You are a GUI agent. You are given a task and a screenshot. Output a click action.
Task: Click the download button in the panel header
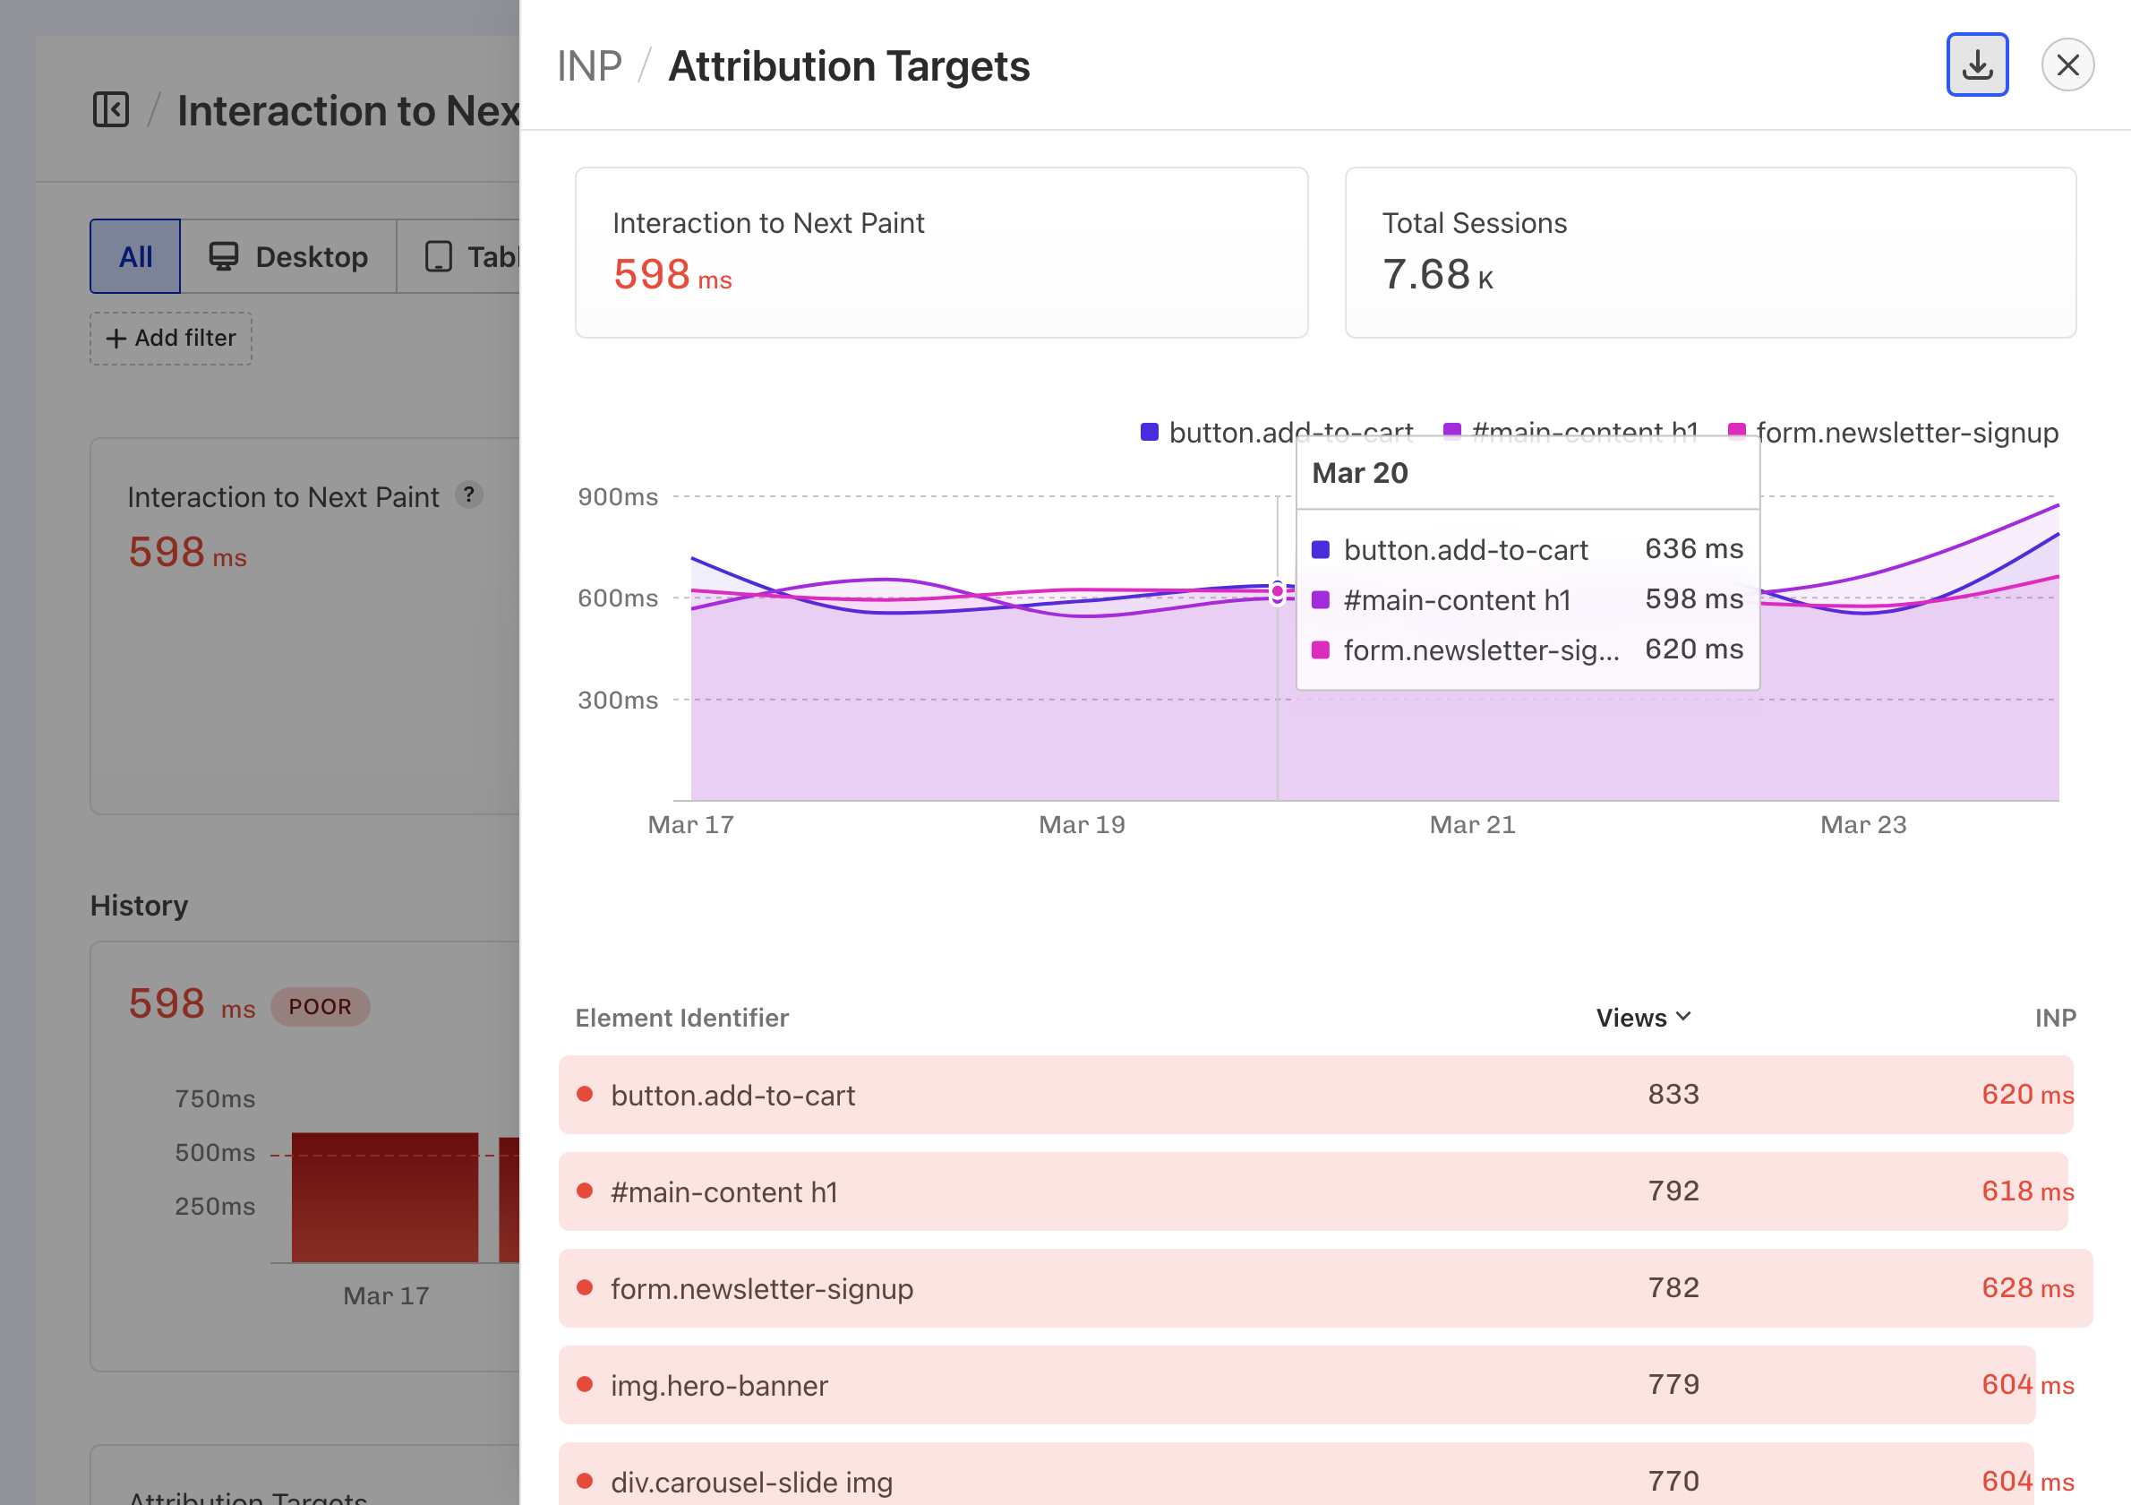point(1977,65)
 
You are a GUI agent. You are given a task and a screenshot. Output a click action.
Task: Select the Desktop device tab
point(288,256)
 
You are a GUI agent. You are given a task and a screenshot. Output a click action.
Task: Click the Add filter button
point(171,338)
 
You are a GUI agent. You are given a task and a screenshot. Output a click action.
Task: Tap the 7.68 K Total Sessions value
point(1437,275)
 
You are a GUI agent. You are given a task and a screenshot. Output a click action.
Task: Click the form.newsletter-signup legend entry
point(1894,433)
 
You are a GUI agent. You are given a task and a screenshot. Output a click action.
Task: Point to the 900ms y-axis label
point(617,496)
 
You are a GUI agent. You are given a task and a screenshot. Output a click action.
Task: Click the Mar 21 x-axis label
point(1472,824)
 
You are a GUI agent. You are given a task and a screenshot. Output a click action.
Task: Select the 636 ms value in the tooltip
point(1693,549)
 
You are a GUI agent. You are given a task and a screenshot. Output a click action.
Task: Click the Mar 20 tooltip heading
point(1360,474)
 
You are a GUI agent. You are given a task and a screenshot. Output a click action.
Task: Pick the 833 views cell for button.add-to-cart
point(1673,1095)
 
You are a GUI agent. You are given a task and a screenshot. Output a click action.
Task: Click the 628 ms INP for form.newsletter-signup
point(2027,1287)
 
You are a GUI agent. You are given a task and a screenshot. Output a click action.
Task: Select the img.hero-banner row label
point(719,1385)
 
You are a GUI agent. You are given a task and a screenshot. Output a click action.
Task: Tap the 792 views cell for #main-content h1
point(1673,1191)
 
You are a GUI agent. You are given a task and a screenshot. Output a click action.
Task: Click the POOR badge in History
point(321,1006)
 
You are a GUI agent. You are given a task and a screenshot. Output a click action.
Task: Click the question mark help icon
point(470,494)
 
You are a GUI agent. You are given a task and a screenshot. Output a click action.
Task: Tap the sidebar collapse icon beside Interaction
point(111,109)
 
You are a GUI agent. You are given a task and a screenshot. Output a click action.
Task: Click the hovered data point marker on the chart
point(1277,591)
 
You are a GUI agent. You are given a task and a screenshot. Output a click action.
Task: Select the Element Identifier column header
point(682,1018)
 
